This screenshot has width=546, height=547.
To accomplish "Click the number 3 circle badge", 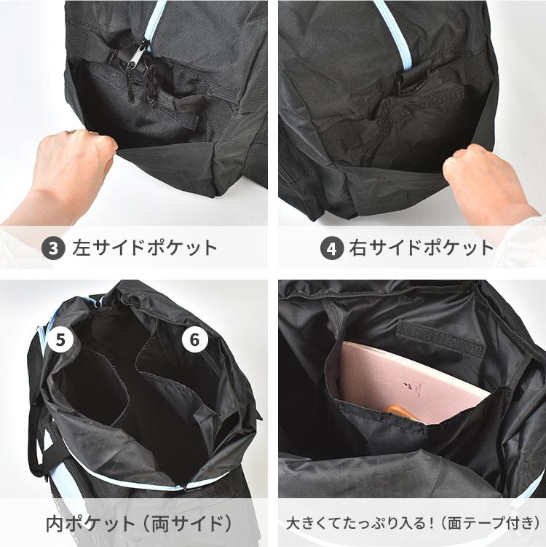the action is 53,248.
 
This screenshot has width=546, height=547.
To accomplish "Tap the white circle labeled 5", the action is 60,340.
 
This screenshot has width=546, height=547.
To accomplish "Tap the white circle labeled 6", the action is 194,339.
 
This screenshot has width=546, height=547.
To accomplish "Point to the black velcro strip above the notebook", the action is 440,340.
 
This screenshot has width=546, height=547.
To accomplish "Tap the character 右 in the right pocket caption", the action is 358,248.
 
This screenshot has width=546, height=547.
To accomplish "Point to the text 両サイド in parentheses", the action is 188,523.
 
